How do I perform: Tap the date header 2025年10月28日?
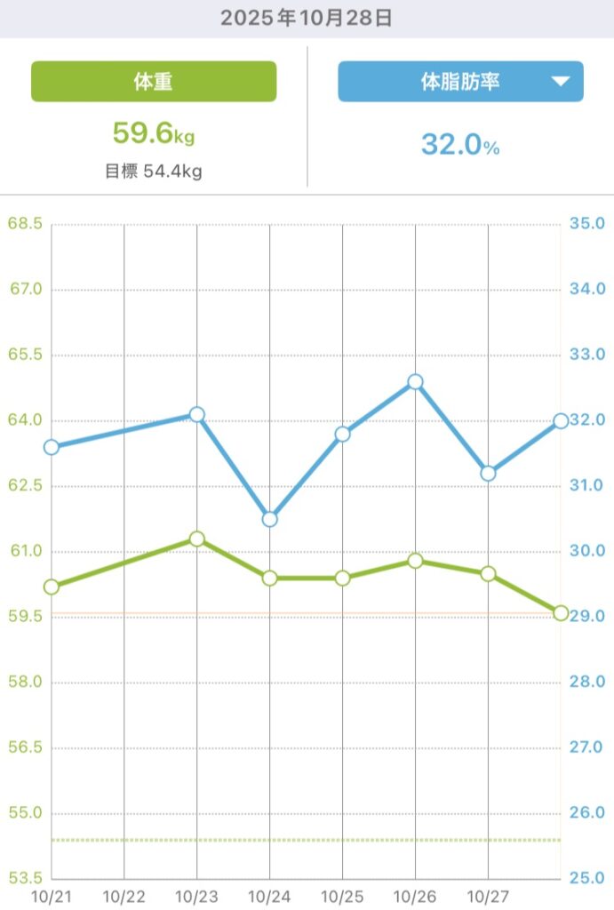tap(307, 18)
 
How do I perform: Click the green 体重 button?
tap(154, 82)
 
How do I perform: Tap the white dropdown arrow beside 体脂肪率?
tap(560, 82)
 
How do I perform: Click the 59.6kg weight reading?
tap(153, 134)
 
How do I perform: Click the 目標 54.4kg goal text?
tap(153, 172)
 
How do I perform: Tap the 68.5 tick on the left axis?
tap(25, 223)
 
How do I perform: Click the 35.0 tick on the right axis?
tap(586, 223)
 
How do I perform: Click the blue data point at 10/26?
tap(415, 382)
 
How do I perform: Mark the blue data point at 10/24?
tap(270, 519)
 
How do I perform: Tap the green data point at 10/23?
tap(197, 539)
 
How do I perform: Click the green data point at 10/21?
tap(52, 587)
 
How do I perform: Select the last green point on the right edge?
tap(561, 612)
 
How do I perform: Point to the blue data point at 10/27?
tap(488, 474)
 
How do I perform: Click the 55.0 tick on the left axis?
tap(25, 813)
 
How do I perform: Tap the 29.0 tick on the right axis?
tap(586, 616)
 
